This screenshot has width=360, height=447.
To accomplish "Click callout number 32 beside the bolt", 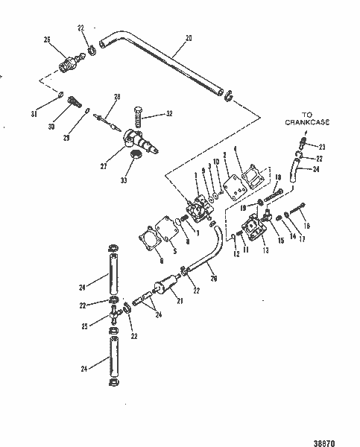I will pyautogui.click(x=169, y=114).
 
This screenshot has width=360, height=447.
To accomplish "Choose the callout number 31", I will pyautogui.click(x=43, y=113).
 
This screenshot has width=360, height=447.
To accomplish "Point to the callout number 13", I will pyautogui.click(x=265, y=250).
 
